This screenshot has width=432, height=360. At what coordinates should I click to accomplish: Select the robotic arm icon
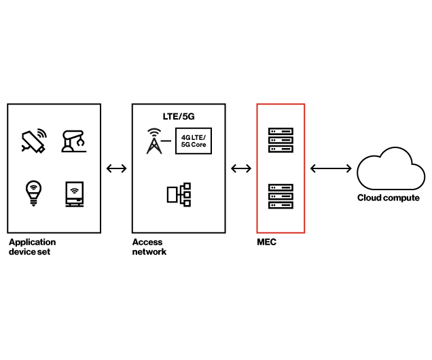pos(73,141)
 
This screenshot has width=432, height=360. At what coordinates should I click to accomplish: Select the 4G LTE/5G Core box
pos(194,141)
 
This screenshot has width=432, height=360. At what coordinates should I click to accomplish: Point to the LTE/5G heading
pos(179,116)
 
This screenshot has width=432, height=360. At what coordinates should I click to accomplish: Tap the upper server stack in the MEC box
pos(281,140)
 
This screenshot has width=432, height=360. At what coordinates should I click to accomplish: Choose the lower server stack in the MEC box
pos(281,196)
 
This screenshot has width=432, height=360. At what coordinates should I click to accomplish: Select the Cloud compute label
pos(389,198)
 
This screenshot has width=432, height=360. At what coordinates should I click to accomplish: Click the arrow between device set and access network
pos(117,168)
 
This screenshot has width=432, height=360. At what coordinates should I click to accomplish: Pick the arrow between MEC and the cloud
pos(331,168)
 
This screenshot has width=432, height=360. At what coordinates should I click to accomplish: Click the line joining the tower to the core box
pos(168,141)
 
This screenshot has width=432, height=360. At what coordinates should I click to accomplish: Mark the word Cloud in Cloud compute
pos(370,198)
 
